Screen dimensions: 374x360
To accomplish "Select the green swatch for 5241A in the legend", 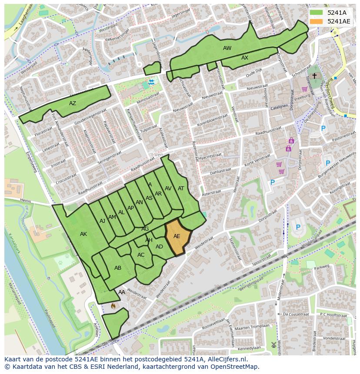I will [317, 12].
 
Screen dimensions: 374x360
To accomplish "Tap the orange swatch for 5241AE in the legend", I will [317, 21].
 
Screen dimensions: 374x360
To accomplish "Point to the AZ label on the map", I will [73, 103].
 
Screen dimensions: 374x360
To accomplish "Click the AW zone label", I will [227, 48].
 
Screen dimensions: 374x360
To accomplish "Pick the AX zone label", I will [245, 58].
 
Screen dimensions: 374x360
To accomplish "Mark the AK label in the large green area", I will [83, 234].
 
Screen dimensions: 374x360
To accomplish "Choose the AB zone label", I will [118, 268].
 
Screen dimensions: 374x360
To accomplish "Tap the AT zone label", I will [181, 189].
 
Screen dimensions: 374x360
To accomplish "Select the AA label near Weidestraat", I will [122, 292].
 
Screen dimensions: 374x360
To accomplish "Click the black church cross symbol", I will [314, 76].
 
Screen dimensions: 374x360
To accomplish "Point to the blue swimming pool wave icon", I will [151, 82].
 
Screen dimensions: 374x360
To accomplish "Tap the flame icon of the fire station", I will [113, 306].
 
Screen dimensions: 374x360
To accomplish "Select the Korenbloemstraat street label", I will [213, 117].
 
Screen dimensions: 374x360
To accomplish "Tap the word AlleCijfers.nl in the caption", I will [226, 359].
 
